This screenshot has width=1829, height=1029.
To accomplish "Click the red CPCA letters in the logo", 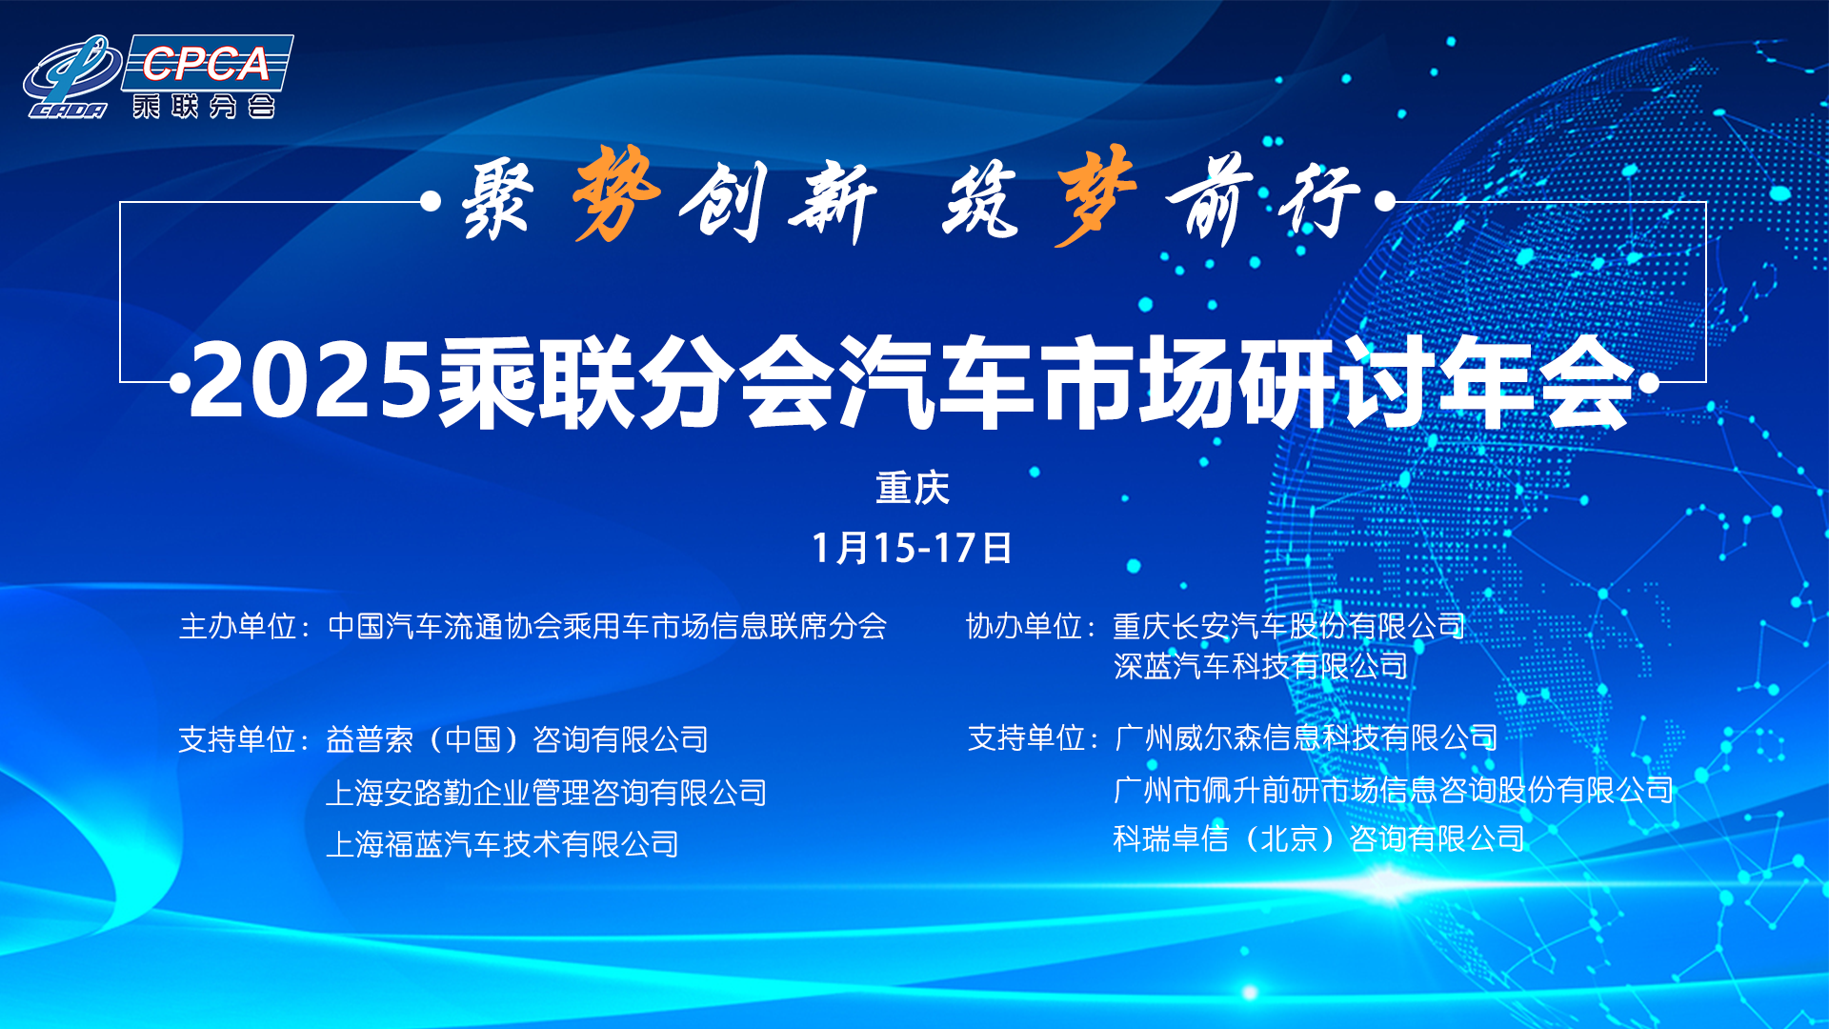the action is point(206,64).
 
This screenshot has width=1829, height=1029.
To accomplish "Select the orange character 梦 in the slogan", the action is point(1095,195).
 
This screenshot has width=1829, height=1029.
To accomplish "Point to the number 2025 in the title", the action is point(311,381).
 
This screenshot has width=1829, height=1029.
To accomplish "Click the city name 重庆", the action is point(913,488).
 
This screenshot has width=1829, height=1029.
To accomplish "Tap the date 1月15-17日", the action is point(912,548).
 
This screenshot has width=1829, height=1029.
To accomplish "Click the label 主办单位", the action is point(237,626).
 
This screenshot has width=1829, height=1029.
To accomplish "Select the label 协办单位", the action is point(1024,626).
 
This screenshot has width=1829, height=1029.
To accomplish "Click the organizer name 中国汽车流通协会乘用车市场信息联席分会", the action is point(607,626).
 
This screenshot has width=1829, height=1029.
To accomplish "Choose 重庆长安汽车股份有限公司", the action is point(1290,626).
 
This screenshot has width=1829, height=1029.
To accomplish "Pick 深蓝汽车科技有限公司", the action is point(1261,666).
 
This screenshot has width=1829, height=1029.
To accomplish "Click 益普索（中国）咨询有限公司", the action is point(517,739).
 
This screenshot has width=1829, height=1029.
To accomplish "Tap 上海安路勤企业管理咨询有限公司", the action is point(547,793).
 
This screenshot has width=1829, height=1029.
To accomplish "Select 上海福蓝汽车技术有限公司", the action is point(502,844).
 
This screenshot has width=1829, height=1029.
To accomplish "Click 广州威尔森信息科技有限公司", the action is point(1306,737).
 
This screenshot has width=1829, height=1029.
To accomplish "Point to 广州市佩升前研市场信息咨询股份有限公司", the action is point(1394,790).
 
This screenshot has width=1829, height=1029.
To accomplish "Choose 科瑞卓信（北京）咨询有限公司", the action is point(1319,838).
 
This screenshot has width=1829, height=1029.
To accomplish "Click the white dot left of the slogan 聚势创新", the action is point(431,201).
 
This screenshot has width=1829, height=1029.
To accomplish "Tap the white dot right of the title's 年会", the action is point(1648,383).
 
